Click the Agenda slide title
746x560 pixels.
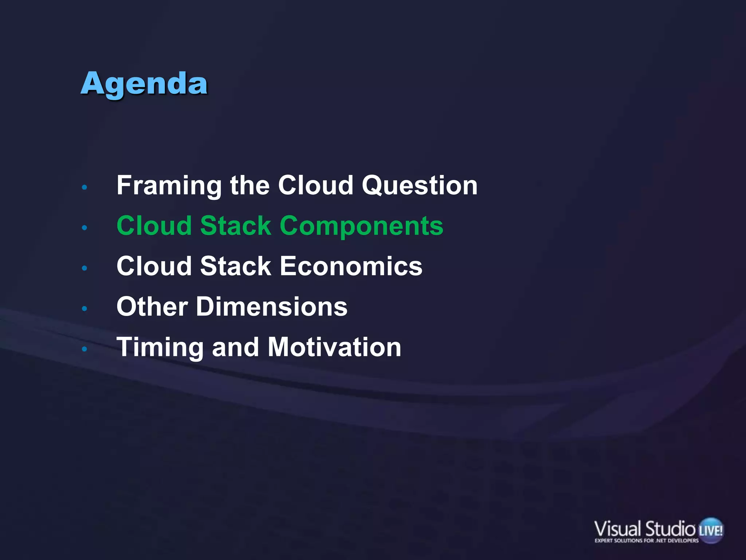tap(144, 84)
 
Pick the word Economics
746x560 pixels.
tap(351, 266)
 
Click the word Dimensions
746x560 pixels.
tap(272, 307)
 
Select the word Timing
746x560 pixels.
tap(160, 347)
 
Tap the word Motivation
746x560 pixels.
tap(334, 347)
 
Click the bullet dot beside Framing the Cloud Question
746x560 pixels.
tap(85, 187)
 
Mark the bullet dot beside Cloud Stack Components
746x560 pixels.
tap(85, 228)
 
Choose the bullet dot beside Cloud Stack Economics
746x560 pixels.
tap(85, 268)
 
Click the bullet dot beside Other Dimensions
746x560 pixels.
tap(85, 309)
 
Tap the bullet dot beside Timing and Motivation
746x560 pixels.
tap(85, 349)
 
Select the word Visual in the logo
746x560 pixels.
tap(617, 529)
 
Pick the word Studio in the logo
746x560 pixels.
tap(670, 529)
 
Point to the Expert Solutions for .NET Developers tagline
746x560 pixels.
tap(647, 541)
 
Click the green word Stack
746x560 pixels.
tap(235, 226)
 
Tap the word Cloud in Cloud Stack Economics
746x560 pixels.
tap(154, 266)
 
